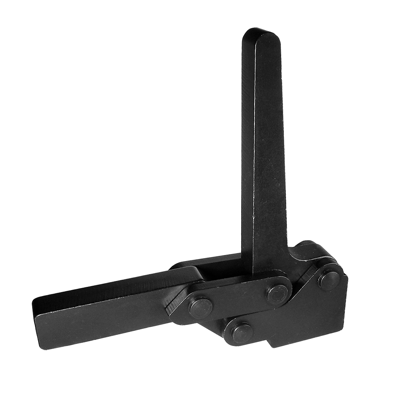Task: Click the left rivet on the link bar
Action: point(200,308)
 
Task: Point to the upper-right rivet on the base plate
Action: point(329,280)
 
